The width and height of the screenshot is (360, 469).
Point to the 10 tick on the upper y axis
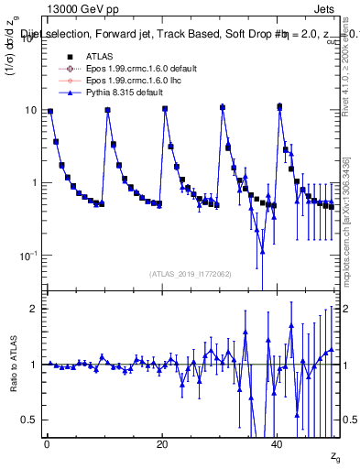pos(30,110)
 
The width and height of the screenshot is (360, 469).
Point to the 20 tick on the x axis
pos(162,444)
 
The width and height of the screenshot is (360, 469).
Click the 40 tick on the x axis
pos(278,444)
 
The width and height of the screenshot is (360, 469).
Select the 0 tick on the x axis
pos(47,444)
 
